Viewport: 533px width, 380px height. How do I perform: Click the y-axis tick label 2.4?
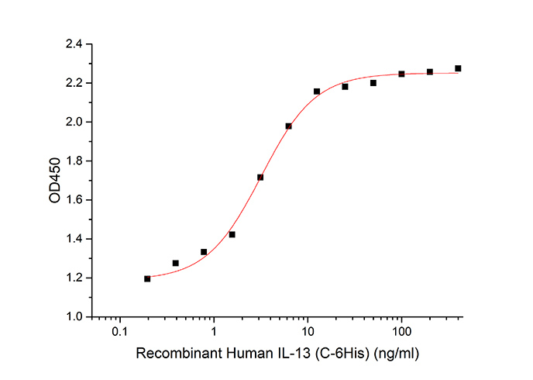(x=75, y=44)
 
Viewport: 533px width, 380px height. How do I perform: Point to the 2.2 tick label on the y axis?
(x=75, y=83)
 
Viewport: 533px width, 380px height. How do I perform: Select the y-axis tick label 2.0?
(x=75, y=122)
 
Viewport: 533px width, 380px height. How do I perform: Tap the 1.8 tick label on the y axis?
(x=75, y=161)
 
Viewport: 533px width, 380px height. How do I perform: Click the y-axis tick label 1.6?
(x=75, y=200)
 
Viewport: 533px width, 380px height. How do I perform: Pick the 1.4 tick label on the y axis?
(x=75, y=239)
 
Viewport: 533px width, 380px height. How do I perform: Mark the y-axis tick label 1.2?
(x=75, y=278)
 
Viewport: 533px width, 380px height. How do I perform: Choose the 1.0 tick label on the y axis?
(x=75, y=316)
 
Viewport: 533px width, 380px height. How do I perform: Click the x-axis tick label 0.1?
(x=120, y=332)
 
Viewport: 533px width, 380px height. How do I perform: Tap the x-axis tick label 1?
(x=215, y=332)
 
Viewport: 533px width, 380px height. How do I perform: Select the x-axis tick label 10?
(x=308, y=332)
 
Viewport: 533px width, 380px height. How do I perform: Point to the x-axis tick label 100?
(x=401, y=332)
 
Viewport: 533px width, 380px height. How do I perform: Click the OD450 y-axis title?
(x=55, y=181)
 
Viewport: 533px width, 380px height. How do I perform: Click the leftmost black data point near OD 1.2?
(x=147, y=278)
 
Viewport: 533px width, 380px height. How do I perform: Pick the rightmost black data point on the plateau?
(x=458, y=68)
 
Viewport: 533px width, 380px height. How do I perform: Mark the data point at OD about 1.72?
(x=260, y=177)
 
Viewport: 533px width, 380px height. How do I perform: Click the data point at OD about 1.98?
(x=288, y=126)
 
